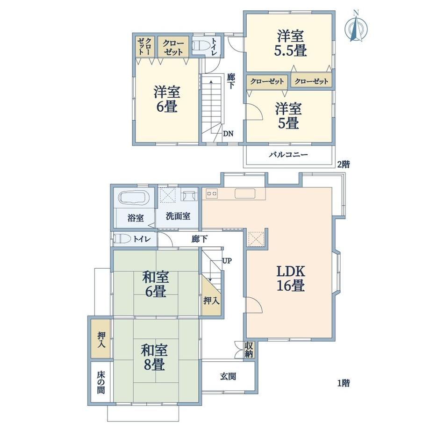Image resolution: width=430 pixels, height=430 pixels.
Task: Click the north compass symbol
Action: click(356, 26)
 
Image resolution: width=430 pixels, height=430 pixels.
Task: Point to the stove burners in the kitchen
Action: click(212, 194)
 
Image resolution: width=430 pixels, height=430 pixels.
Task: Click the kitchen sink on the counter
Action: click(245, 193)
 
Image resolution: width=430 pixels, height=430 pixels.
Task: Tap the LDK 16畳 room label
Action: click(290, 279)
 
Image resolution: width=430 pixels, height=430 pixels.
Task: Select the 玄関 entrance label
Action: click(228, 376)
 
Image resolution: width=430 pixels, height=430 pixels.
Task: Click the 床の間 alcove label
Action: click(100, 382)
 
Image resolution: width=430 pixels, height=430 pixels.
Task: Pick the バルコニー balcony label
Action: click(288, 154)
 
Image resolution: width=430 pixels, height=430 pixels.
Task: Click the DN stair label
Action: click(228, 134)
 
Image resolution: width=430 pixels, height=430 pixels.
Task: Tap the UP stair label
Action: click(227, 260)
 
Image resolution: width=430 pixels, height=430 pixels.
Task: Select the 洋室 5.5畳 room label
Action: click(290, 43)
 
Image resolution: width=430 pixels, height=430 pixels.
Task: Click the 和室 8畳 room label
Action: click(154, 358)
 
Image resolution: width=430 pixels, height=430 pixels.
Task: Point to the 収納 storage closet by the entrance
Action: click(249, 349)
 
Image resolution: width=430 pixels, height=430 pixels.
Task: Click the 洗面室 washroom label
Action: click(178, 216)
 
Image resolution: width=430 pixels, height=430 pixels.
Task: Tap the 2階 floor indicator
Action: click(344, 165)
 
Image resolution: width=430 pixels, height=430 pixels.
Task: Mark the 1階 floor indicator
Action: click(344, 383)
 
